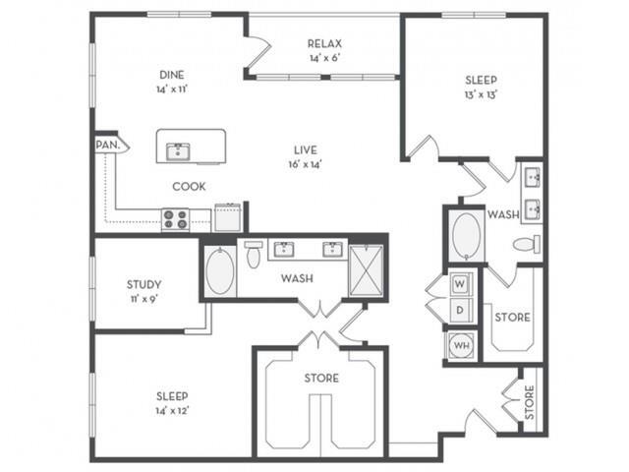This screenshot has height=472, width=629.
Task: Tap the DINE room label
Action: pyautogui.click(x=172, y=74)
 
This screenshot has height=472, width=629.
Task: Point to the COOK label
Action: pyautogui.click(x=188, y=186)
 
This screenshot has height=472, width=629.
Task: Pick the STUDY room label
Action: pyautogui.click(x=143, y=285)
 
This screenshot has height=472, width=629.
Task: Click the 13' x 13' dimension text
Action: pyautogui.click(x=481, y=95)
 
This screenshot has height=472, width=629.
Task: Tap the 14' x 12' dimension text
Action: pyautogui.click(x=172, y=411)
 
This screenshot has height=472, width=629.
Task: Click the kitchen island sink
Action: pyautogui.click(x=179, y=150)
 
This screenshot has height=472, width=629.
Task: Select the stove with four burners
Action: pyautogui.click(x=175, y=219)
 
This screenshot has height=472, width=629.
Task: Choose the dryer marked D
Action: pyautogui.click(x=459, y=311)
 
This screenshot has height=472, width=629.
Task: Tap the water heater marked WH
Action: pyautogui.click(x=459, y=346)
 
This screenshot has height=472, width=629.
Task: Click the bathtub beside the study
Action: pyautogui.click(x=221, y=272)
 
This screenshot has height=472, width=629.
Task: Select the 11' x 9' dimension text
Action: pyautogui.click(x=143, y=299)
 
